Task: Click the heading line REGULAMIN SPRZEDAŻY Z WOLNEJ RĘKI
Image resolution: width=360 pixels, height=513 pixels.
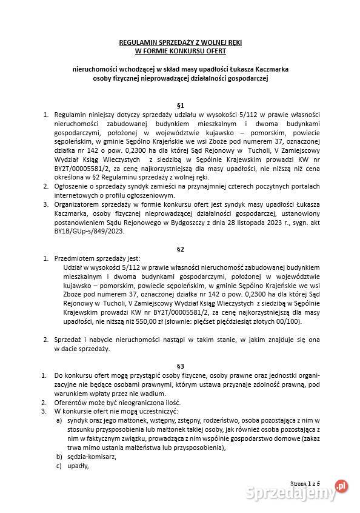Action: click(x=180, y=43)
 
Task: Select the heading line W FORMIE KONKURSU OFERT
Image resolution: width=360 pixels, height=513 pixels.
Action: click(x=180, y=52)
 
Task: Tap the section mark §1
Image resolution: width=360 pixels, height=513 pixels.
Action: click(x=180, y=104)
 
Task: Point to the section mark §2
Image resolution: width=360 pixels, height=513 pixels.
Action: click(x=180, y=249)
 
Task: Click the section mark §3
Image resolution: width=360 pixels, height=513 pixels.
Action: click(x=180, y=366)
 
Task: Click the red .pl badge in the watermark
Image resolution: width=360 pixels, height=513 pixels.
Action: click(x=342, y=485)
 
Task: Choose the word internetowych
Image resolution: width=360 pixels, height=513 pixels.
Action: click(x=78, y=196)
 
